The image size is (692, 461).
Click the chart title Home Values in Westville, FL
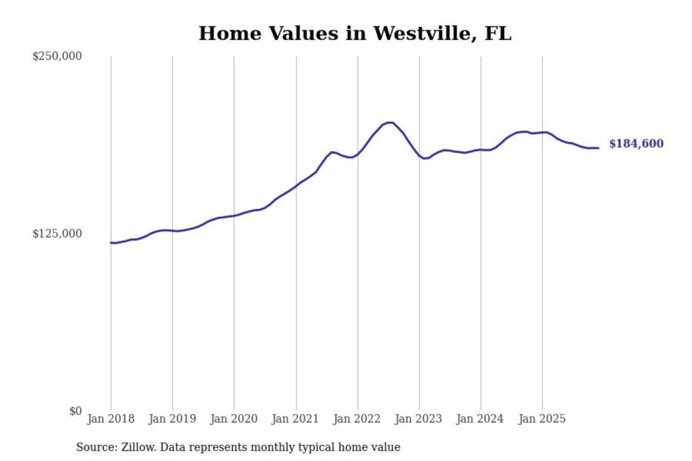click(x=355, y=34)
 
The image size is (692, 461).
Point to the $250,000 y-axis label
click(x=57, y=56)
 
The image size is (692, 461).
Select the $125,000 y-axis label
click(x=57, y=234)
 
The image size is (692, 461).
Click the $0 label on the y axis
click(x=75, y=411)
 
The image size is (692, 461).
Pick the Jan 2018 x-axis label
click(x=111, y=419)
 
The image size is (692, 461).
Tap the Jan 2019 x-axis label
click(x=172, y=419)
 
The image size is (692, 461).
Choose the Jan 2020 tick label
click(x=234, y=419)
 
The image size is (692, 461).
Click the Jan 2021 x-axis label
click(x=295, y=419)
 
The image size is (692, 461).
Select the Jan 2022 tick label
click(x=357, y=419)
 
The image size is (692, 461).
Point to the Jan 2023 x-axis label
click(x=419, y=419)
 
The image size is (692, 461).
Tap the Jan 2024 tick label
click(x=480, y=419)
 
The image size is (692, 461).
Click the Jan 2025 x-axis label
click(x=542, y=419)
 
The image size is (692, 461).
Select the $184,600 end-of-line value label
click(x=636, y=144)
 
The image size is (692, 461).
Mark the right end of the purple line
click(x=598, y=148)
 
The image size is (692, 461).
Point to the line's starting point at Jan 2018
click(x=111, y=243)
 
